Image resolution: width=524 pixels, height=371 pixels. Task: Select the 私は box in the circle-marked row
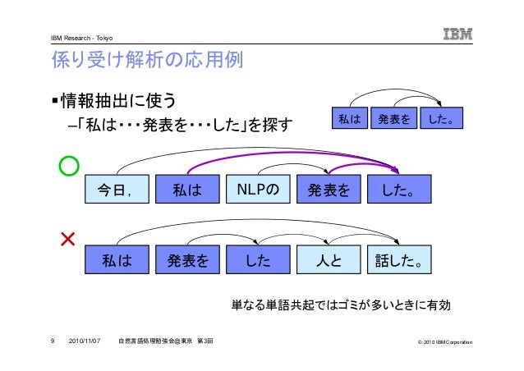[x=188, y=190]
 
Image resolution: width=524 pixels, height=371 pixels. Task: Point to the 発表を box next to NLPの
[x=329, y=190]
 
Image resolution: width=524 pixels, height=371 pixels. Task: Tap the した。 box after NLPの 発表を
[x=399, y=190]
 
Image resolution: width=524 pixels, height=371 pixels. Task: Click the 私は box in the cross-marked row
[x=118, y=263]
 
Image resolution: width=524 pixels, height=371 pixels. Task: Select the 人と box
[x=329, y=263]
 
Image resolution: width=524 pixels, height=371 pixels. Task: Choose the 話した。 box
[x=399, y=263]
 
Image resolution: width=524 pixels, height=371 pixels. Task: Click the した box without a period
[x=258, y=263]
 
